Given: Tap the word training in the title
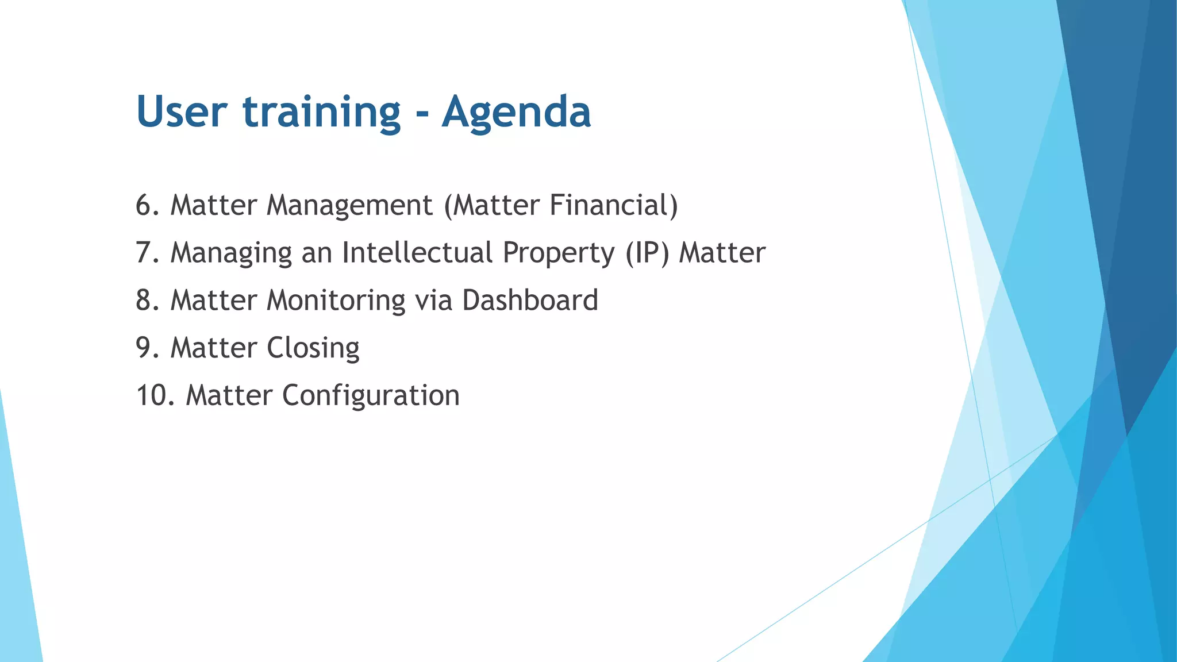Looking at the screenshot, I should tap(321, 113).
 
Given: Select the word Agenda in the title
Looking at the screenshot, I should tap(516, 113).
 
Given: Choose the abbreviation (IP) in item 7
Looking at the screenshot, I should tap(648, 253).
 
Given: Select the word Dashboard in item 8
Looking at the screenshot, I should tap(530, 301).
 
